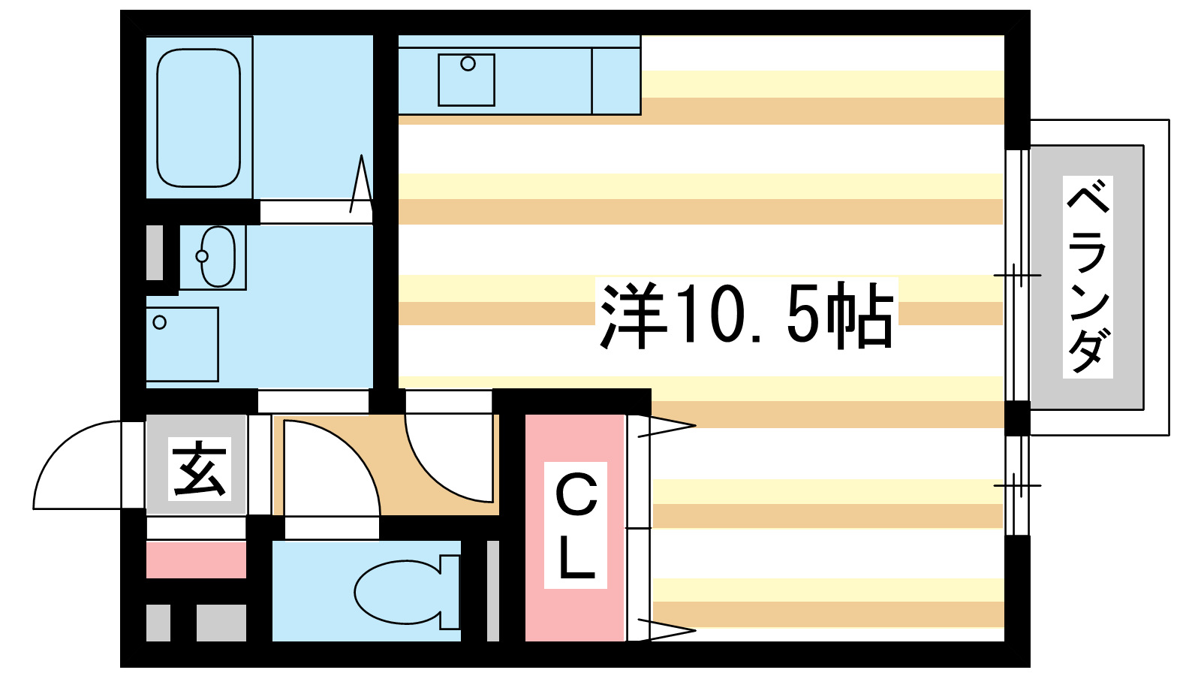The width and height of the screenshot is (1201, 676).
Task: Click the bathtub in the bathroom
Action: [x=198, y=118]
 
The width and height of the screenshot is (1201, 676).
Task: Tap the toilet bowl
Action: [x=397, y=592]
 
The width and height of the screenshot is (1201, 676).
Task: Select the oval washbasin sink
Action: [x=218, y=256]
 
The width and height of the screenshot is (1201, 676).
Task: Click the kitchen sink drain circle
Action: [x=468, y=64]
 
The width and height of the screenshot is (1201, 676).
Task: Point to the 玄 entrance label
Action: [x=200, y=469]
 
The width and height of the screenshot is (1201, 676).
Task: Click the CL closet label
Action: [x=576, y=525]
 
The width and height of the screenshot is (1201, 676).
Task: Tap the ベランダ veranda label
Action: [x=1088, y=277]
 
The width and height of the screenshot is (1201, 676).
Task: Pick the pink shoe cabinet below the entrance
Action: [x=196, y=560]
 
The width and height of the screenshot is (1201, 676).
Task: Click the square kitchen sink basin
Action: [x=466, y=80]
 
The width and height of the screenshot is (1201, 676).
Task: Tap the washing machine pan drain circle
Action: [x=159, y=322]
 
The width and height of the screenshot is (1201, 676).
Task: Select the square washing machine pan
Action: [x=182, y=345]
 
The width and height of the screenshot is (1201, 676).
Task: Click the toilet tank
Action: [x=450, y=592]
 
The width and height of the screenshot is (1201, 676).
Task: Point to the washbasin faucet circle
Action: [x=202, y=256]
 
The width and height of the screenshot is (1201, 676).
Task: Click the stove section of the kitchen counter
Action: [x=616, y=81]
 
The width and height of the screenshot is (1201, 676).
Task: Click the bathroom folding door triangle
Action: [x=361, y=184]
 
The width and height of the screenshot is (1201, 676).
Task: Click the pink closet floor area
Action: [x=575, y=528]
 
